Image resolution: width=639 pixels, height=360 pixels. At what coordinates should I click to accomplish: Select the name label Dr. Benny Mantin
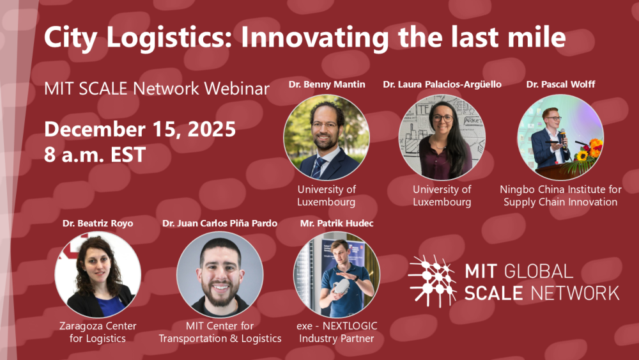(327, 84)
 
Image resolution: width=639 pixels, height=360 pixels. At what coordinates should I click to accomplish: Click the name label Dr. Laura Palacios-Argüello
(442, 84)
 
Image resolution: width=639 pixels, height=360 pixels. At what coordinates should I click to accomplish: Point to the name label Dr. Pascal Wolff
(560, 84)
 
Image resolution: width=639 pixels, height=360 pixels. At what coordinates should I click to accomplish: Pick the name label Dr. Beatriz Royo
(97, 223)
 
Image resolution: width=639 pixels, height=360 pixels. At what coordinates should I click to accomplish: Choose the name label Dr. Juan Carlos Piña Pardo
(220, 223)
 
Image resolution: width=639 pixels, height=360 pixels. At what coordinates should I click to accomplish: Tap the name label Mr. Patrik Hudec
(337, 223)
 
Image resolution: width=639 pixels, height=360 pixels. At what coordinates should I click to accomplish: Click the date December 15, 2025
(140, 129)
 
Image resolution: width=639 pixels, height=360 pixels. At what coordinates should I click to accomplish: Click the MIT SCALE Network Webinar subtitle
(157, 89)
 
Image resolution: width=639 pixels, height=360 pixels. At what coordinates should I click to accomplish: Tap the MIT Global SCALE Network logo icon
(432, 280)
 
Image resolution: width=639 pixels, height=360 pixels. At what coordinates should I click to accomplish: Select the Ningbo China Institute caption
(560, 196)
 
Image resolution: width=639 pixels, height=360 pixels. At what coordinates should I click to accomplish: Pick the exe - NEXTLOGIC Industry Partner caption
(337, 332)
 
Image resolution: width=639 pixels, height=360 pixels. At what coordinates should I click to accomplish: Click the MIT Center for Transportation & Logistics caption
(220, 332)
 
